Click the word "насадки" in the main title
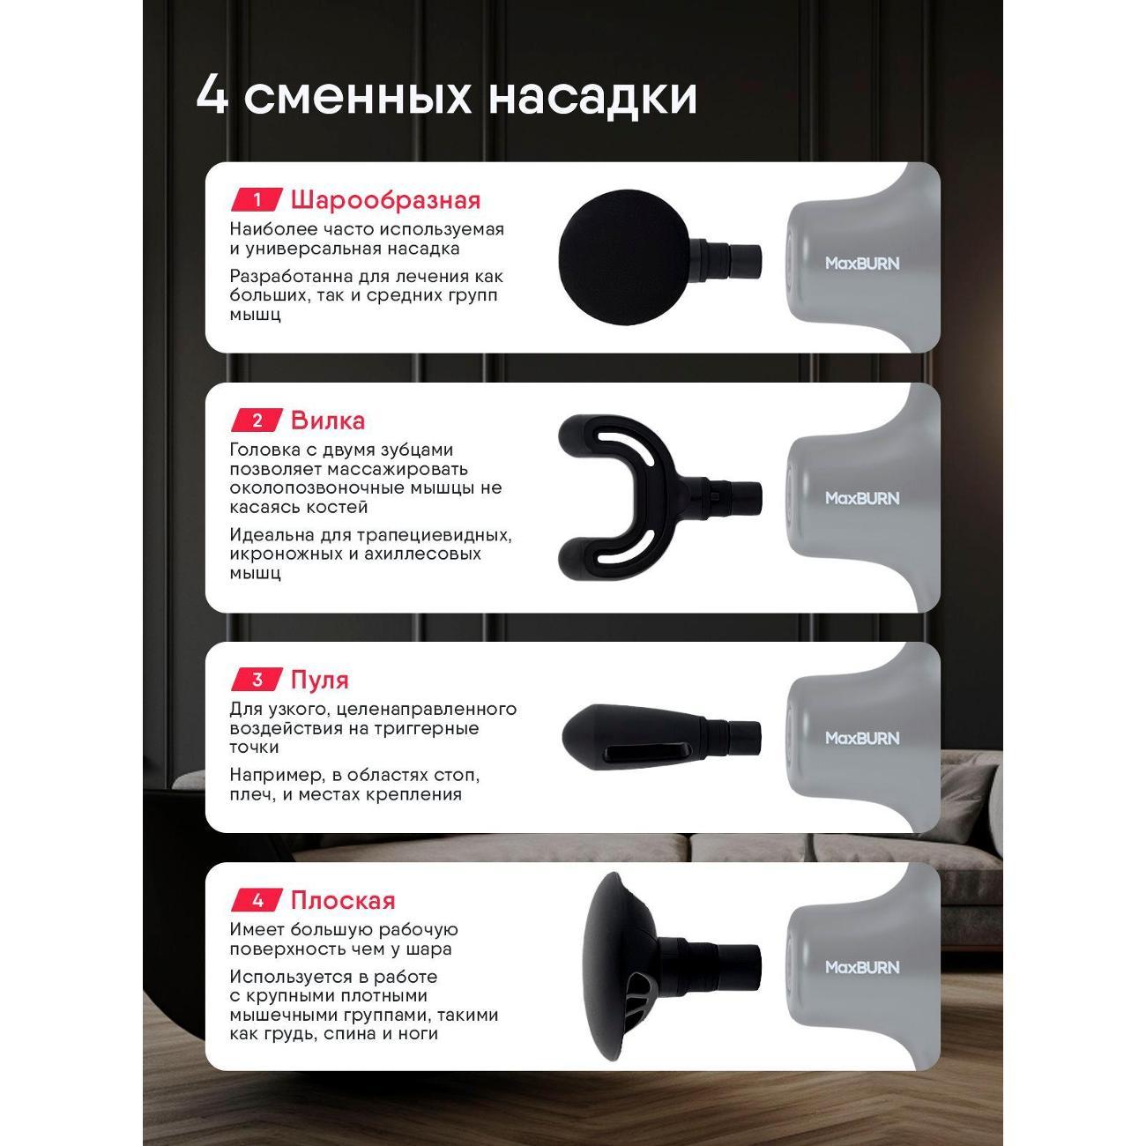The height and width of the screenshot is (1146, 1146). point(592,96)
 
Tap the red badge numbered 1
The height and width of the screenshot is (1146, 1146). point(257,200)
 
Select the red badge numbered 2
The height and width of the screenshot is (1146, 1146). point(257,420)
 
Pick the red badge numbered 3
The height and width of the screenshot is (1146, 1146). point(257,680)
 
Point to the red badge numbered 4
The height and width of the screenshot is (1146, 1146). point(257,900)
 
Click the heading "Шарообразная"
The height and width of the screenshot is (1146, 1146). point(385,200)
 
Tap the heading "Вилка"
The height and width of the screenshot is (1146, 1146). point(327,420)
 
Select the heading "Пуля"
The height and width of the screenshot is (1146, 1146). point(319,680)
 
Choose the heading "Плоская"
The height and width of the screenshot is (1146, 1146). point(343,900)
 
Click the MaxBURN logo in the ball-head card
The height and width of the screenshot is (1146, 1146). point(861,263)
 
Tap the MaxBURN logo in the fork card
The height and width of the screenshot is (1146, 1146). point(861,498)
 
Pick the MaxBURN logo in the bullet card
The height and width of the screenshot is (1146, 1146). point(861,738)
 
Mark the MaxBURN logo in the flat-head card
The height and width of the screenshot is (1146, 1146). point(861,967)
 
